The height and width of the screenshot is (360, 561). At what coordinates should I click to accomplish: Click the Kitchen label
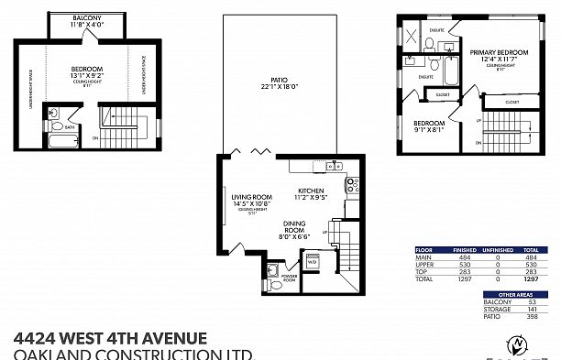[x=311, y=191]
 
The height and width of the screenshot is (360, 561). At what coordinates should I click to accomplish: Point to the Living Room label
[x=251, y=198]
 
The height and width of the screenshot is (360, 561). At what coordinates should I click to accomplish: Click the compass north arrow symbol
[x=519, y=346]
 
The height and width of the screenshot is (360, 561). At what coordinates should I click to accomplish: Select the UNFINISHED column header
[x=496, y=249]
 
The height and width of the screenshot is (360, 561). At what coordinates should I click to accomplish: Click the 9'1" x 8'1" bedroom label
[x=428, y=125]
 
